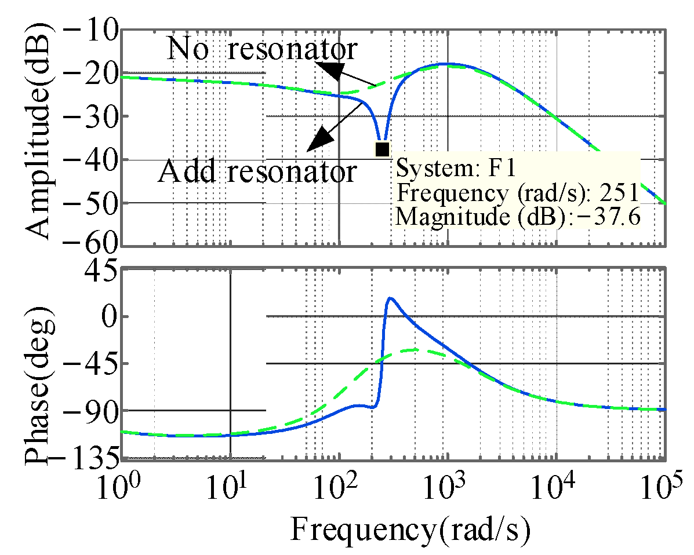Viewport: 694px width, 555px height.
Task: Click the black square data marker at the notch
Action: [382, 149]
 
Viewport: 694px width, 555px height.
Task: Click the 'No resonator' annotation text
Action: [262, 50]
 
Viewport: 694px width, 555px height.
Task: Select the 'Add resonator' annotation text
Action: [257, 172]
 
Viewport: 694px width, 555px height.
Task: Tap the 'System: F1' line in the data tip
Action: [456, 169]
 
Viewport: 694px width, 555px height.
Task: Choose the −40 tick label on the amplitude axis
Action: [88, 160]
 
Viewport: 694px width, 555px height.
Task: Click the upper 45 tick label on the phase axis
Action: [101, 271]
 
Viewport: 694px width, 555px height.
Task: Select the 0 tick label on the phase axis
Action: [108, 316]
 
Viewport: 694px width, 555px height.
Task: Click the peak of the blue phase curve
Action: [390, 298]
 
